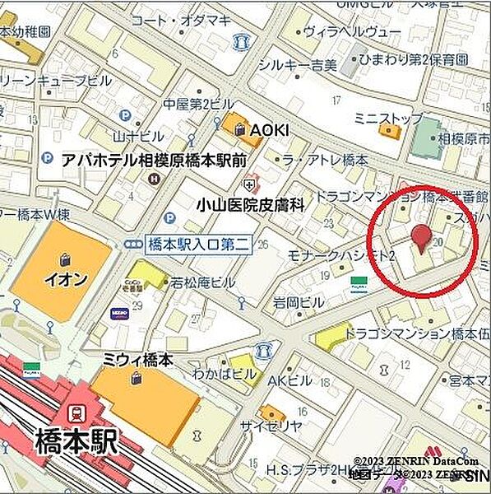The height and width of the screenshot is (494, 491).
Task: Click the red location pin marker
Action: click(x=421, y=238)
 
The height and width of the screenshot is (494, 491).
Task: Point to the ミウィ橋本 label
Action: click(x=138, y=360)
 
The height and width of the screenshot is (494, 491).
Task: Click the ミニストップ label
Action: click(x=388, y=119)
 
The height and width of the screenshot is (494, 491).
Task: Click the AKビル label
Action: click(x=290, y=380)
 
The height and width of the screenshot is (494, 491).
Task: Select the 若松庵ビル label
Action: click(x=203, y=282)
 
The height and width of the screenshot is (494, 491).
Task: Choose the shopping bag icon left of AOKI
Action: click(x=239, y=128)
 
